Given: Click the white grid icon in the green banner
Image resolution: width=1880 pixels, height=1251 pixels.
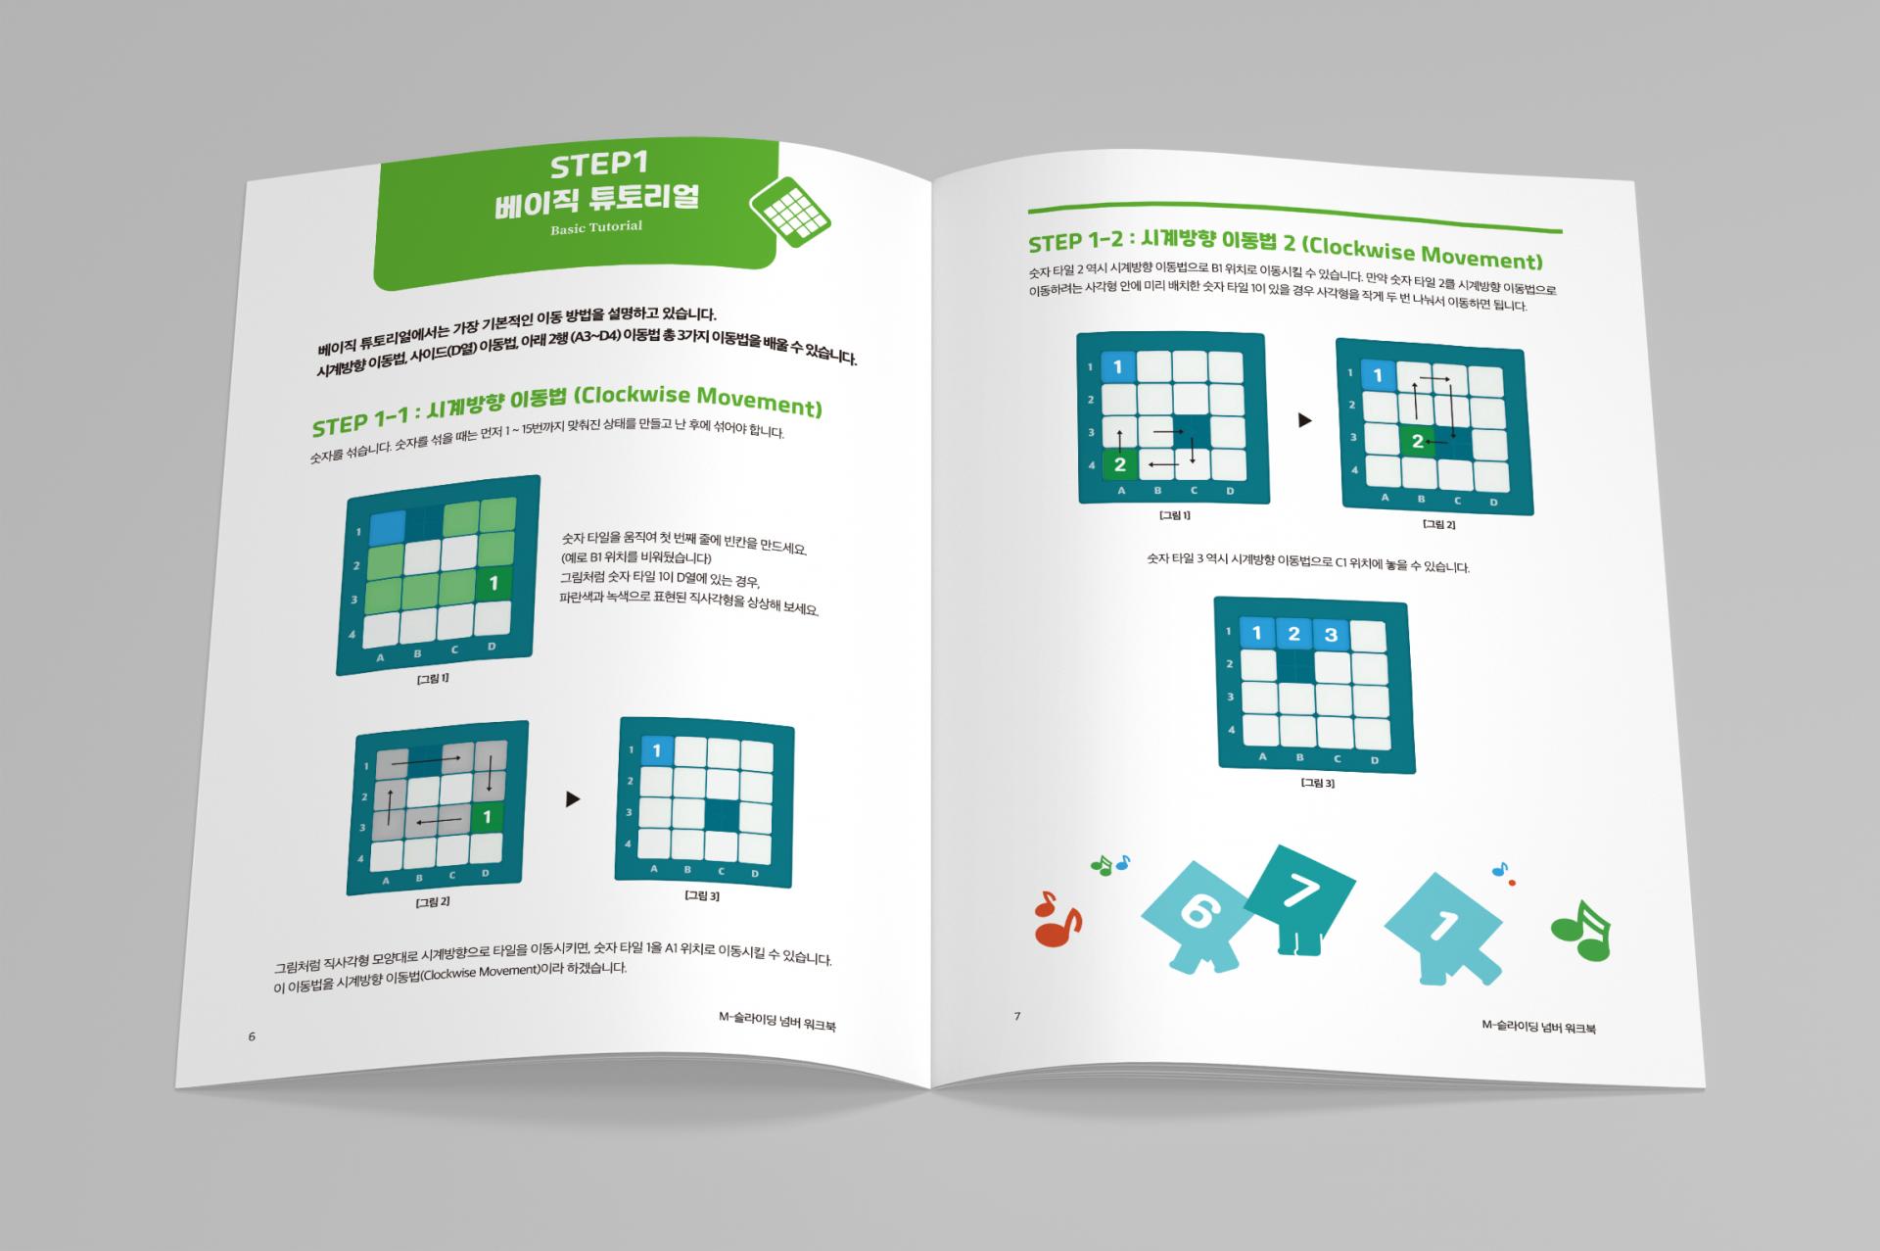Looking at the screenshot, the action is (x=789, y=207).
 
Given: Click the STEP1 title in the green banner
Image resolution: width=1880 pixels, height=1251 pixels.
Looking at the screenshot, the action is (x=599, y=164).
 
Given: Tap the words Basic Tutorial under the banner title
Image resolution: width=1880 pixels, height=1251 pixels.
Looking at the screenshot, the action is (x=596, y=227).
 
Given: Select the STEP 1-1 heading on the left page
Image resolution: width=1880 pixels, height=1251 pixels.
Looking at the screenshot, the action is (x=567, y=411).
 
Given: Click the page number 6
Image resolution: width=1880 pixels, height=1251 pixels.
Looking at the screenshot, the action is (x=252, y=1036).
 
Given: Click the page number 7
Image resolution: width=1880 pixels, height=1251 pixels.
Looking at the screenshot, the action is (x=1017, y=1016).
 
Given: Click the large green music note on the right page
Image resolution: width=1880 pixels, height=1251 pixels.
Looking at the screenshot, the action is (x=1580, y=930).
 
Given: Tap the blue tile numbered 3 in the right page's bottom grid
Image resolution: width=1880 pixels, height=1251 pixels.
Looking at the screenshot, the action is (x=1330, y=635).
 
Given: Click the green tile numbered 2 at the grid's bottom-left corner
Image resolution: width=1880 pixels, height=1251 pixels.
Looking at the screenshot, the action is (x=1119, y=464).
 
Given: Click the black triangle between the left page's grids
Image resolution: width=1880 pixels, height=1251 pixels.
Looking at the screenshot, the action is (x=573, y=799).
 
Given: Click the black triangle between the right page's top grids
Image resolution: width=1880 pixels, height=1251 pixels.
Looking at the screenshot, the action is (x=1304, y=420).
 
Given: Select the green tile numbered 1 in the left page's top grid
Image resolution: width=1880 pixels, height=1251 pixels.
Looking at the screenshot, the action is (x=493, y=584).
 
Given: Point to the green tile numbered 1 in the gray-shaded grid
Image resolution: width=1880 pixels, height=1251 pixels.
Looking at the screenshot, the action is (x=487, y=817).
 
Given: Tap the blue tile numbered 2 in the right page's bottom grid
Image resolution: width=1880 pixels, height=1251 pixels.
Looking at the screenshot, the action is (x=1293, y=634).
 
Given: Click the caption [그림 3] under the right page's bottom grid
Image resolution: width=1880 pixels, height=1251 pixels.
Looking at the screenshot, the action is (x=1317, y=783).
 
